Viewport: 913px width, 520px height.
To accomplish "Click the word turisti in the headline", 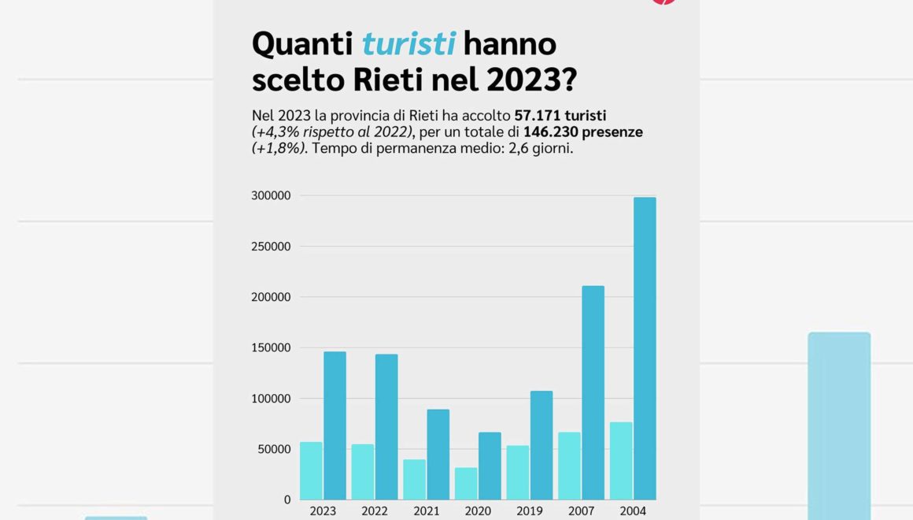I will (x=408, y=43).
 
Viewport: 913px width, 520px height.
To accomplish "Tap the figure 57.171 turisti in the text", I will (x=560, y=115).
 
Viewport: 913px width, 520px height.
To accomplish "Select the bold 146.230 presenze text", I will (x=583, y=132).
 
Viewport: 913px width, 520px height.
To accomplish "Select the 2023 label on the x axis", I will (x=323, y=511).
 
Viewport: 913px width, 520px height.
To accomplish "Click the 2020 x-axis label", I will (x=478, y=511).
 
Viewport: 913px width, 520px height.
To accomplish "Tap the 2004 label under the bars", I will (x=633, y=511).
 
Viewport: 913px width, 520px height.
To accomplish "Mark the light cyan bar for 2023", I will (x=311, y=470).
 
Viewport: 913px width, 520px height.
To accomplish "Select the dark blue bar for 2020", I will (x=490, y=466).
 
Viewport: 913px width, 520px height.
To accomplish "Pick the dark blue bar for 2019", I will (x=542, y=445).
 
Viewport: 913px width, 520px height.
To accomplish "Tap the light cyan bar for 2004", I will (x=621, y=461).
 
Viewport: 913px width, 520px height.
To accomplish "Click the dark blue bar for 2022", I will (x=386, y=426).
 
